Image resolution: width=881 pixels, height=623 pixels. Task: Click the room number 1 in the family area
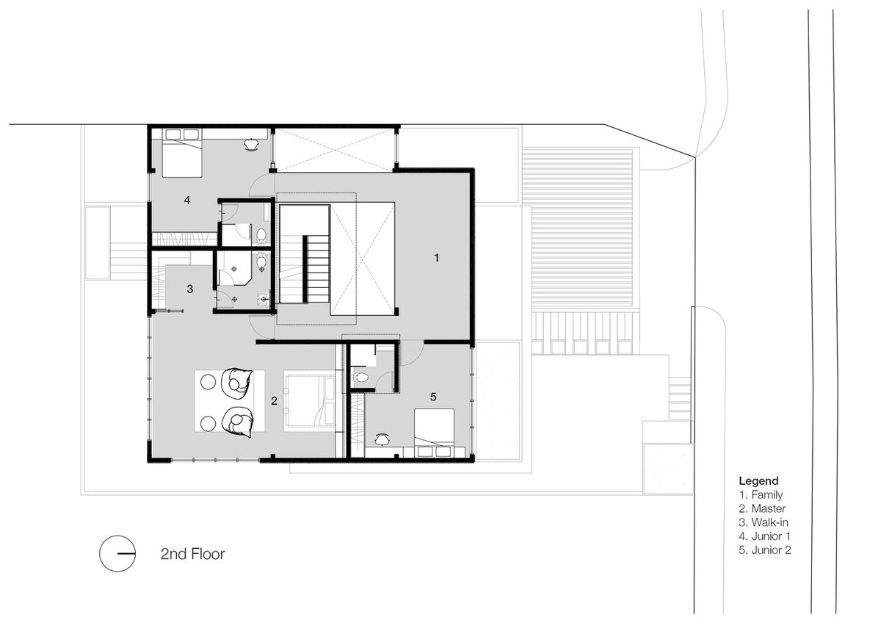(436, 258)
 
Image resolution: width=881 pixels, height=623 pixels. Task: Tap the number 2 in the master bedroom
(274, 400)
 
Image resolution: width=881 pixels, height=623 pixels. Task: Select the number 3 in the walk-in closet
(190, 289)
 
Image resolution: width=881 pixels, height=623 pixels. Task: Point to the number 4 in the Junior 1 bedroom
(187, 200)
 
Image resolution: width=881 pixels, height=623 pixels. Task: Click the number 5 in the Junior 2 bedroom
(433, 397)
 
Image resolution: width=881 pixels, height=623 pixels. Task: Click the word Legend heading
(758, 481)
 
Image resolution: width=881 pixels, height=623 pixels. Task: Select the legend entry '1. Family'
(761, 494)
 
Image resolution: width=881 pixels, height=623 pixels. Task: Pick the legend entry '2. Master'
(762, 508)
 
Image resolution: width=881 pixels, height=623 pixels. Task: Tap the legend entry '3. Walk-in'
(763, 522)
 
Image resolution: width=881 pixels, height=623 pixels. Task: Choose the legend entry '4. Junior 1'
(764, 536)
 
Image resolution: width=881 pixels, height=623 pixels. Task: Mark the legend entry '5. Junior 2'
(764, 550)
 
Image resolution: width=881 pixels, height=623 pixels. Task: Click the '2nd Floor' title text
(192, 554)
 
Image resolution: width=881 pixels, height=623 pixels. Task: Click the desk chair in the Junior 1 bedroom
(251, 145)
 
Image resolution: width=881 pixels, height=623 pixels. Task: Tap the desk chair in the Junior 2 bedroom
(382, 439)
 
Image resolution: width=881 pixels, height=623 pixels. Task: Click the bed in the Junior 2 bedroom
(434, 428)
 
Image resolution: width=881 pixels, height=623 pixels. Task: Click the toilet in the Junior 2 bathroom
(360, 378)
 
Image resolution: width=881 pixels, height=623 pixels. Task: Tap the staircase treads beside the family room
(317, 269)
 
